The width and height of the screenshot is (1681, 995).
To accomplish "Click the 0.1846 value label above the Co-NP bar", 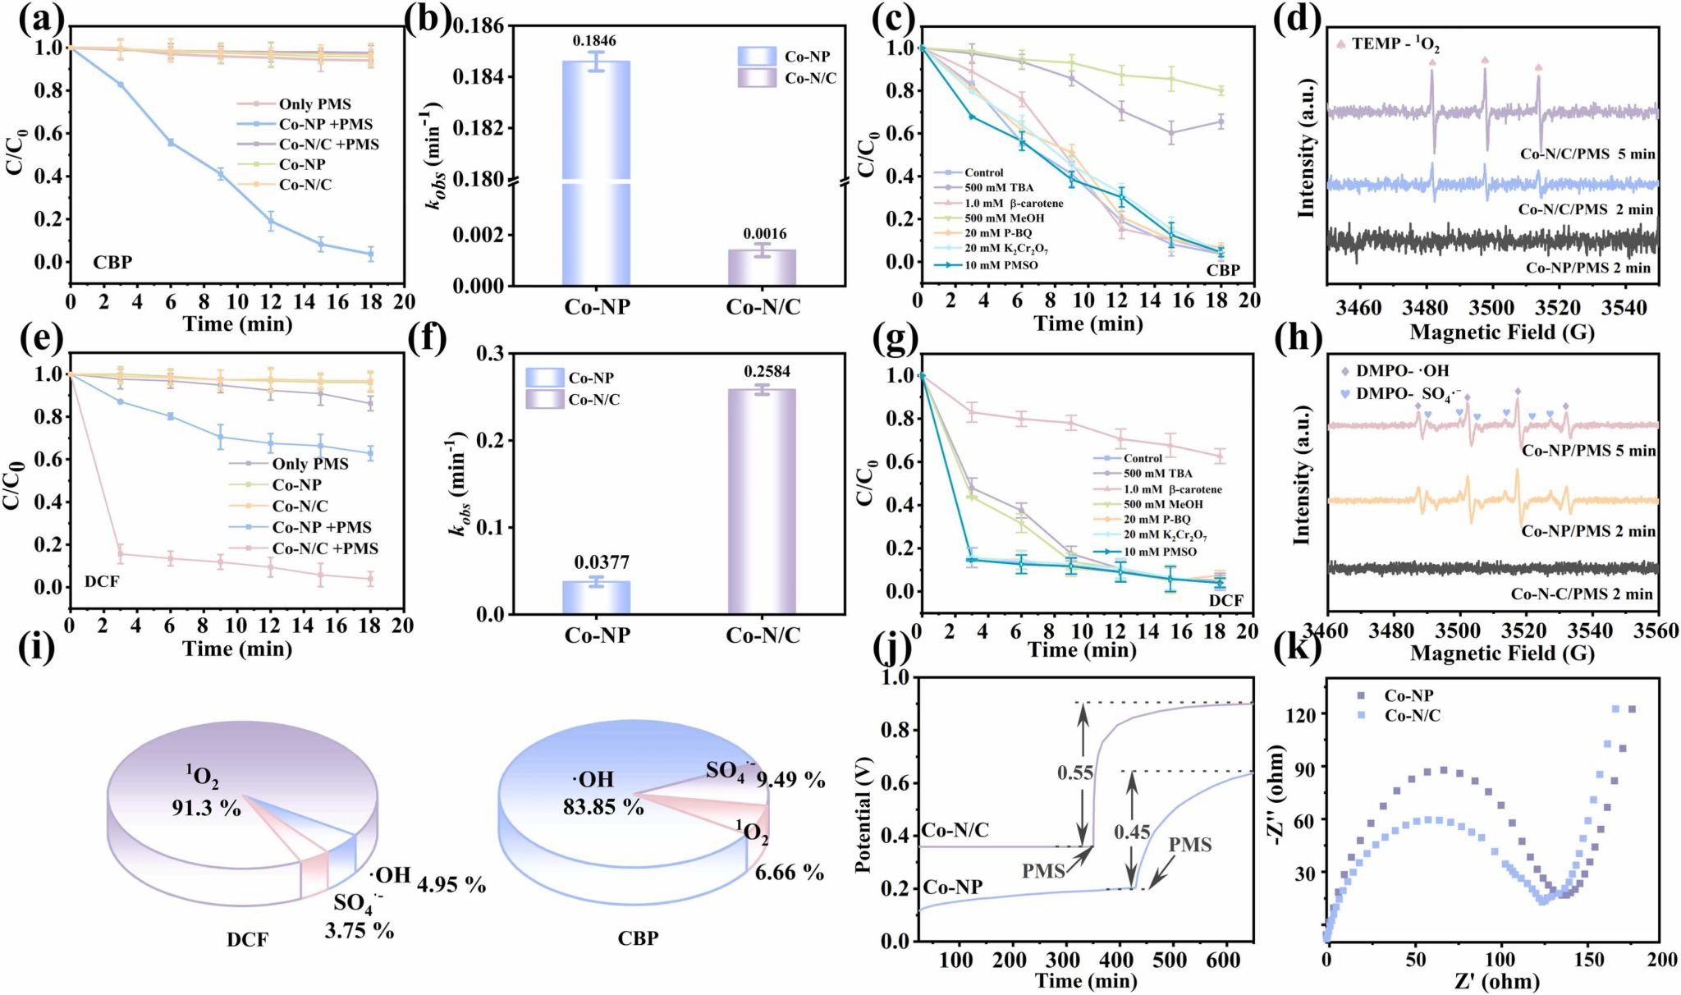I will click(596, 41).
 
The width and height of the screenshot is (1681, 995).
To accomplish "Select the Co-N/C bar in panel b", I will click(763, 268).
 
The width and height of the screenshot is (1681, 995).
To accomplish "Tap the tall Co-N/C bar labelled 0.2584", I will click(763, 501).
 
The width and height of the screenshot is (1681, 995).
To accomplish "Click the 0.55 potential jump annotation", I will click(1074, 773).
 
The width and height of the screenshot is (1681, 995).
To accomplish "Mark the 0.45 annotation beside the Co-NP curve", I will click(1132, 832).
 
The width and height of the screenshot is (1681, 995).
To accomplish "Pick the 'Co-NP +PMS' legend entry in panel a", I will click(325, 124).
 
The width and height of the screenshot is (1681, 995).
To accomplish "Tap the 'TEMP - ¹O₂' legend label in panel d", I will click(1395, 44).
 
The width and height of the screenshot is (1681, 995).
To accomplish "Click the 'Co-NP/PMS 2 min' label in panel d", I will click(1587, 268).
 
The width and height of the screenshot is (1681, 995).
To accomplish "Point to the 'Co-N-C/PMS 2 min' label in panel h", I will click(1582, 594).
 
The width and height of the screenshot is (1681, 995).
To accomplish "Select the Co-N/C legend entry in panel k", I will click(1412, 715).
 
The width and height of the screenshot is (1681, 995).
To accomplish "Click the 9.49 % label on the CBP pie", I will click(790, 779).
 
